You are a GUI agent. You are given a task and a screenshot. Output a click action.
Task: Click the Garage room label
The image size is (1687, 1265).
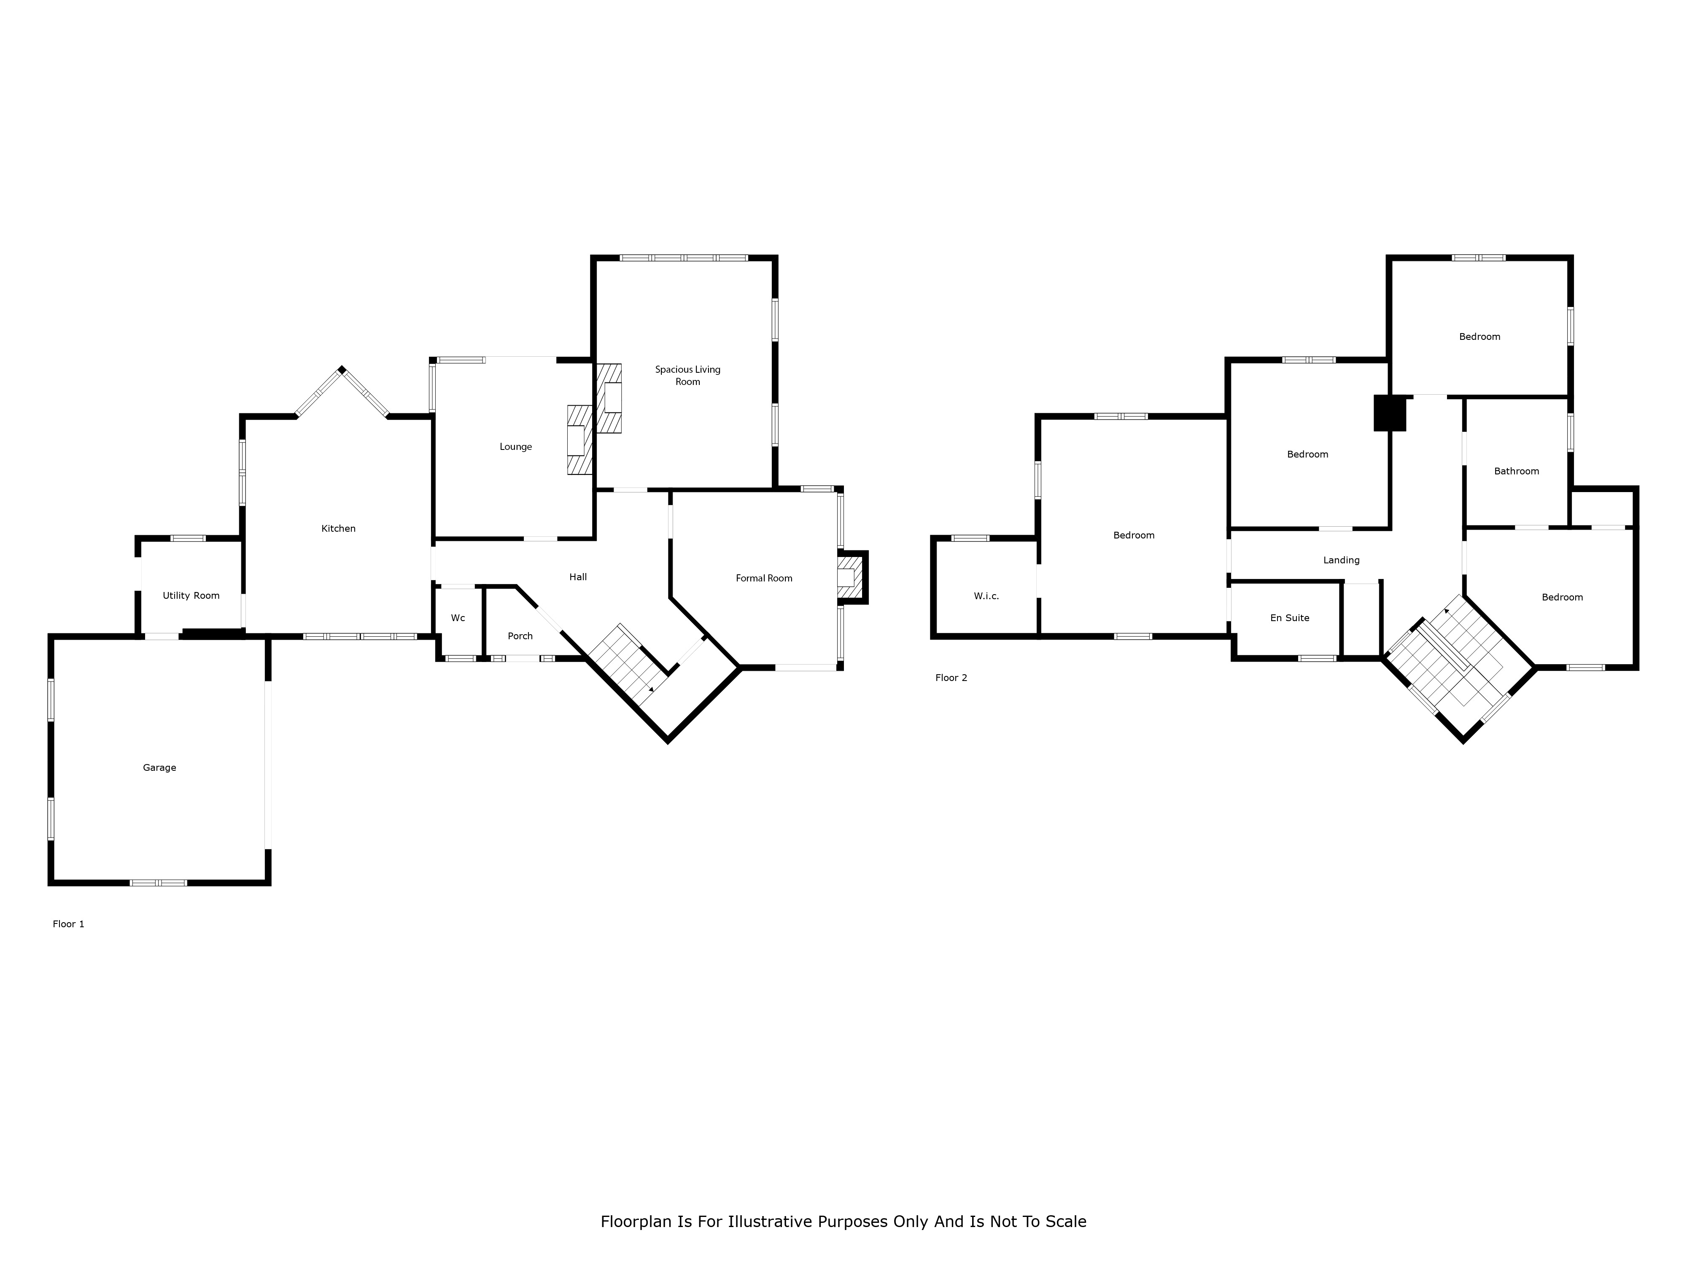tap(159, 768)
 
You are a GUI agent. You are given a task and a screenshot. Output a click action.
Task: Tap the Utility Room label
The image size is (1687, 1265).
tap(191, 595)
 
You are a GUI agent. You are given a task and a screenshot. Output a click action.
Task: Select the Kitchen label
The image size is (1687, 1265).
tap(339, 528)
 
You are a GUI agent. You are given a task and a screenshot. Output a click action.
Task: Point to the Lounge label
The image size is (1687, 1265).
tap(515, 447)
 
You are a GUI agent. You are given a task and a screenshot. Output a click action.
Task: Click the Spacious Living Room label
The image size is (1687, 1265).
tap(688, 375)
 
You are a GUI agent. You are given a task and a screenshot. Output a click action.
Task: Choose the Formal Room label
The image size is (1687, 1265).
tap(764, 578)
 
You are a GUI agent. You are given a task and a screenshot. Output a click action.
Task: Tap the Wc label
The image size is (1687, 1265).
tap(458, 618)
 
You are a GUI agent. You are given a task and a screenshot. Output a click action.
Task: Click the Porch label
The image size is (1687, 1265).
tap(520, 636)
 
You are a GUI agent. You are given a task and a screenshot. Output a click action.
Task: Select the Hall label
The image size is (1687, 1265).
tap(578, 577)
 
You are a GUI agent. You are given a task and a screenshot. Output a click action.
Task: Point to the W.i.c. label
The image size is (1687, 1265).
tap(986, 596)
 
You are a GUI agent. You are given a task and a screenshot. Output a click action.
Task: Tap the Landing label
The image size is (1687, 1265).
tap(1342, 560)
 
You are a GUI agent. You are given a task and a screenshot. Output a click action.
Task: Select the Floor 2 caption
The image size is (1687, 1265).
tap(951, 678)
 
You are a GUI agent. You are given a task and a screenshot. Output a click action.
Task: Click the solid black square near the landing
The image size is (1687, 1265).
tap(1390, 412)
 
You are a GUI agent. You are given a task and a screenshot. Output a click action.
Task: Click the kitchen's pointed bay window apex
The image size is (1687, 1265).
tap(342, 370)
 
